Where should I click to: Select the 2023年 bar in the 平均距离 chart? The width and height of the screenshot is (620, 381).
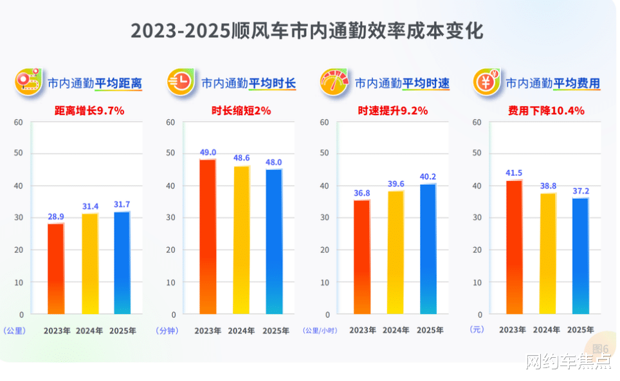[x=56, y=268]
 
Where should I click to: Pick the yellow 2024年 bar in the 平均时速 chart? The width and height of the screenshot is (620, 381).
[x=396, y=252]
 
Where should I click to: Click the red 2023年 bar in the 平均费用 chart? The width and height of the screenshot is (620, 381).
[x=514, y=247]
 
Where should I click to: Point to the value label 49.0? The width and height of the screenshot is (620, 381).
[x=208, y=153]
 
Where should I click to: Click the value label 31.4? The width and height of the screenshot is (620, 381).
[x=89, y=206]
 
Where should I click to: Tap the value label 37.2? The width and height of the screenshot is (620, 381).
[x=579, y=191]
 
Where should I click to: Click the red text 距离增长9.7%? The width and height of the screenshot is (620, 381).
[x=89, y=111]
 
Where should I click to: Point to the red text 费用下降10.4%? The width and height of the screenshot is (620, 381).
[x=546, y=111]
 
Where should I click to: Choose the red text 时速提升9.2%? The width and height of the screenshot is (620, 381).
[x=393, y=111]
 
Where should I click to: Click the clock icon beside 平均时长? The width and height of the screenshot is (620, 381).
[x=181, y=82]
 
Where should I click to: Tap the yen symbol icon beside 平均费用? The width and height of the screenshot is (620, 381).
[x=486, y=82]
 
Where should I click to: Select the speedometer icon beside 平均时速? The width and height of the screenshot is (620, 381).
[x=334, y=82]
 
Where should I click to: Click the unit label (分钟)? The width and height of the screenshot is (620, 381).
[x=167, y=330]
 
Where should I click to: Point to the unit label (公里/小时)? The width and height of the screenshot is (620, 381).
[x=320, y=330]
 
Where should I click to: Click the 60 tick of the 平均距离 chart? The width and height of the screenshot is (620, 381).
[x=19, y=122]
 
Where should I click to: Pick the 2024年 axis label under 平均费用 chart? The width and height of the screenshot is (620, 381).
[x=546, y=330]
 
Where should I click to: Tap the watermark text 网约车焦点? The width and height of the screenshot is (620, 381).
[x=568, y=362]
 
